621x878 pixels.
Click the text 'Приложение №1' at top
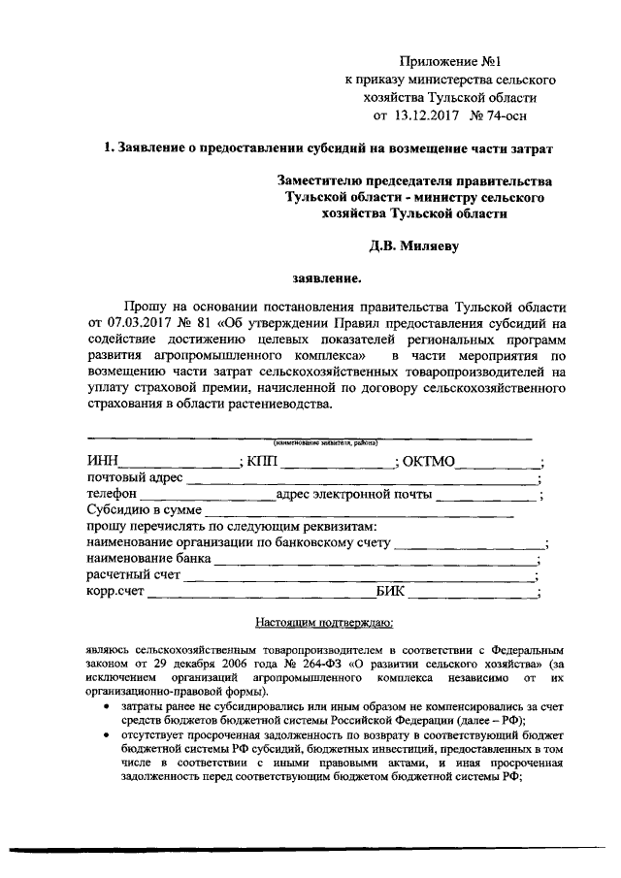coord(451,60)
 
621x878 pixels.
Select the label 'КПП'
coord(262,461)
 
